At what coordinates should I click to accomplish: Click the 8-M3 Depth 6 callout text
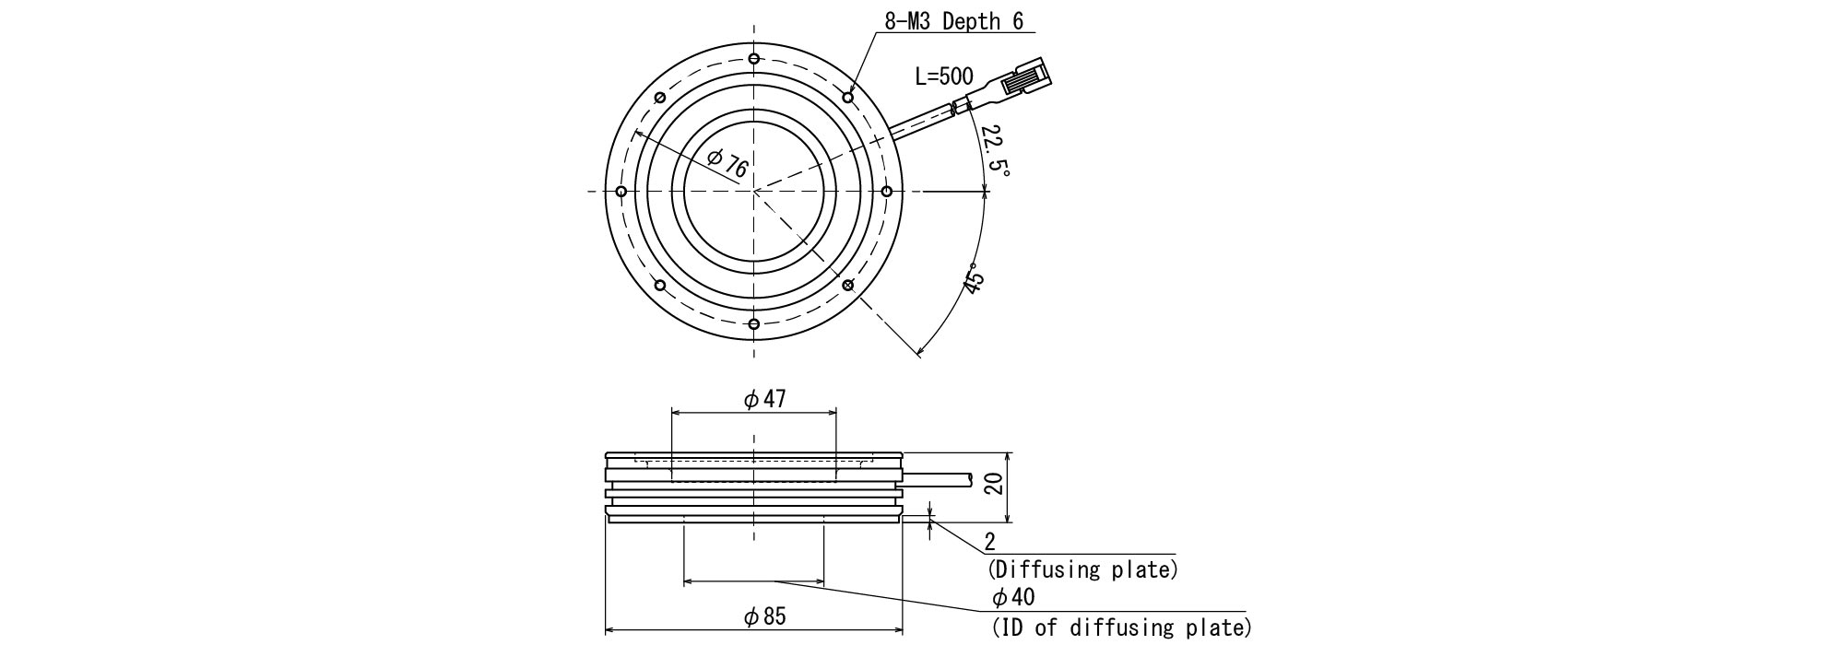pos(953,21)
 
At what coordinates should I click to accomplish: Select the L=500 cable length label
pos(943,76)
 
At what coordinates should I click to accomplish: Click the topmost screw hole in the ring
pos(754,60)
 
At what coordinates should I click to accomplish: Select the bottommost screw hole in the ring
pos(754,323)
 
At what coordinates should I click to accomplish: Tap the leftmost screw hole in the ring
pos(621,192)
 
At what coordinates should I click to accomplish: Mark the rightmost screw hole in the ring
pos(886,192)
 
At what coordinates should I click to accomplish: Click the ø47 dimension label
pos(764,399)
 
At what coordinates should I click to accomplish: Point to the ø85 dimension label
pos(764,616)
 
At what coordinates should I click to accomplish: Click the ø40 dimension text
pos(1013,597)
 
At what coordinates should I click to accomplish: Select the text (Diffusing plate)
pos(1082,569)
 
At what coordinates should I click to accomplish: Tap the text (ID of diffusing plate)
pos(1121,628)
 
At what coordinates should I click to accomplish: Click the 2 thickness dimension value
pos(989,541)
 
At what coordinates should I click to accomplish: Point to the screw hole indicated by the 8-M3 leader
pos(848,97)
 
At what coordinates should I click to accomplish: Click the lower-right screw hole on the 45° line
pos(848,285)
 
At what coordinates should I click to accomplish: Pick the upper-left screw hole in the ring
pos(659,99)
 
